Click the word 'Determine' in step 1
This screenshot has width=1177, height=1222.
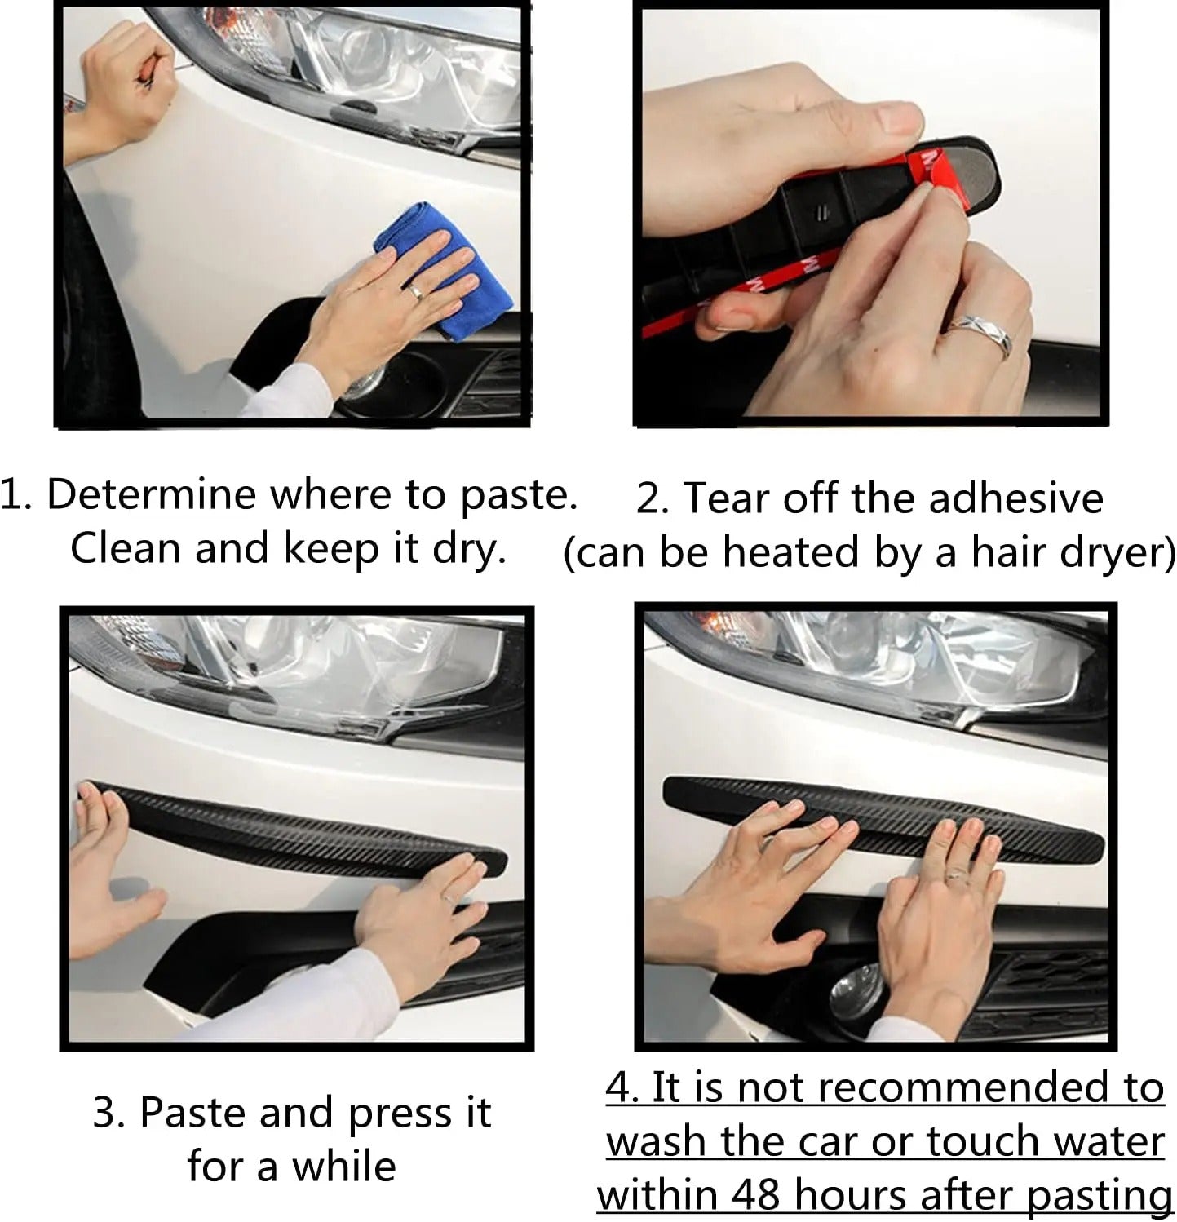(151, 495)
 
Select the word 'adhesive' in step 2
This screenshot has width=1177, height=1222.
(1015, 498)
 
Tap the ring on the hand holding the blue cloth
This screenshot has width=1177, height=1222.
(414, 290)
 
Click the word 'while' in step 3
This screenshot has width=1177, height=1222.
(345, 1167)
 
